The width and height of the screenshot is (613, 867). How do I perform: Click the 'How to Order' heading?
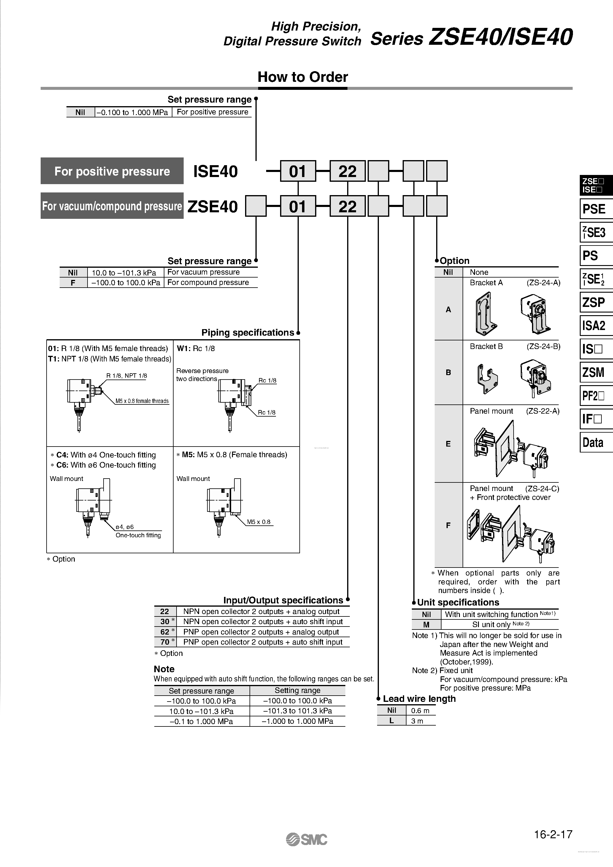coord(302,77)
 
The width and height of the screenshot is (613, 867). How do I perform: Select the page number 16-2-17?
coord(553,834)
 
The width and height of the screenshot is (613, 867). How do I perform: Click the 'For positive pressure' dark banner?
coord(112,171)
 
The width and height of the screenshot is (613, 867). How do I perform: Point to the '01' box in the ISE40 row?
coord(298,171)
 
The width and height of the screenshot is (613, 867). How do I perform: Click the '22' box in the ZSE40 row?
coord(347,206)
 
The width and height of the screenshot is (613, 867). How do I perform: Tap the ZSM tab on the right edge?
coord(593,372)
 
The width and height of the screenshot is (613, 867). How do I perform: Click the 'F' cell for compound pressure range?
coord(73,283)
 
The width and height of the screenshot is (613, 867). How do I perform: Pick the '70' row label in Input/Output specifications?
coord(165,642)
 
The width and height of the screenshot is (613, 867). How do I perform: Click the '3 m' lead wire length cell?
coord(417,721)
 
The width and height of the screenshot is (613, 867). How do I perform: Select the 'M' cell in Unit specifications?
coord(426,624)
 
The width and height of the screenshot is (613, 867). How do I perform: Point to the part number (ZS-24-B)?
coord(543,346)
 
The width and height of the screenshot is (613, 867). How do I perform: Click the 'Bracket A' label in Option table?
coord(486,283)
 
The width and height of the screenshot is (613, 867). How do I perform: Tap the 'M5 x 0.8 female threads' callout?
coord(142,401)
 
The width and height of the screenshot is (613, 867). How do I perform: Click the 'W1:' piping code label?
coord(184,348)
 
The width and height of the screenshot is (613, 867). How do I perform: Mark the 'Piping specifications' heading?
coord(247,333)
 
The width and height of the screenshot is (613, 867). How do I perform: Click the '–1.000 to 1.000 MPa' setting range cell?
coord(297,721)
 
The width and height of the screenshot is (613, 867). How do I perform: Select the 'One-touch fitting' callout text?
coord(138,535)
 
